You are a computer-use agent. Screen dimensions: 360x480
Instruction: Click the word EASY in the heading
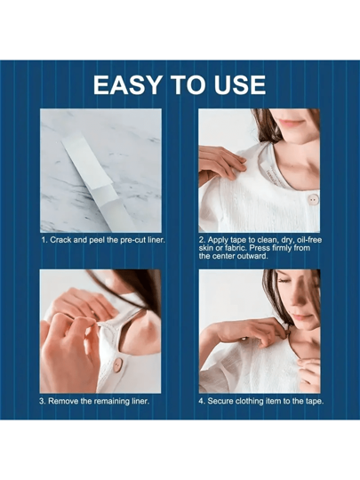[x=128, y=84]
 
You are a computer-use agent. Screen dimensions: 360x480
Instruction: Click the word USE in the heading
[x=240, y=84]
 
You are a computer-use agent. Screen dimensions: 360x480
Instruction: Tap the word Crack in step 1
[x=60, y=240]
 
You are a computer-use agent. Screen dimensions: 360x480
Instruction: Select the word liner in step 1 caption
[x=156, y=240]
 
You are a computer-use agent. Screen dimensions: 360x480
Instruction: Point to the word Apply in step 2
[x=218, y=240]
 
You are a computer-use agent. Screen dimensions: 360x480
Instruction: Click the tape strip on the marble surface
[x=97, y=180]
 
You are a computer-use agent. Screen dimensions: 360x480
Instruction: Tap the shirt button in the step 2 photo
[x=313, y=199]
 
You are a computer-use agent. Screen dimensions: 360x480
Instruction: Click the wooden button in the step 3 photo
[x=117, y=365]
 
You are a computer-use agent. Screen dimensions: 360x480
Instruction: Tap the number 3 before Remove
[x=42, y=401]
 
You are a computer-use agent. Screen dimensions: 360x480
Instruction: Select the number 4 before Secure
[x=201, y=401]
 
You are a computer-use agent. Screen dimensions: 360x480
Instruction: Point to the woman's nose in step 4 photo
[x=295, y=302]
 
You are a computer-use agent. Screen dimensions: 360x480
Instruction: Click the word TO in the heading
[x=188, y=84]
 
